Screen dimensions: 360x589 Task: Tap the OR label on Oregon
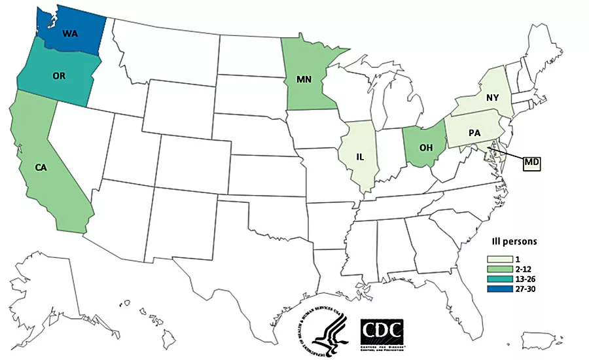click(x=58, y=76)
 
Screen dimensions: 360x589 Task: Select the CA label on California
click(x=41, y=168)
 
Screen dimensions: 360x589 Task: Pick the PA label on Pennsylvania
click(x=475, y=133)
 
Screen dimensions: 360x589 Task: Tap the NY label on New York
click(x=492, y=97)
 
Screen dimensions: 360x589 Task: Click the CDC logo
click(x=382, y=334)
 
